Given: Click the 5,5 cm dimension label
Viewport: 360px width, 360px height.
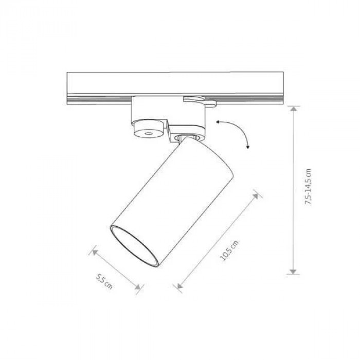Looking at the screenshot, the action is (104, 281).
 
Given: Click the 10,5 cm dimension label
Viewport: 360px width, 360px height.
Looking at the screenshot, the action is (229, 251).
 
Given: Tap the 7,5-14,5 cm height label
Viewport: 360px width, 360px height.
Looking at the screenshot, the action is (308, 187).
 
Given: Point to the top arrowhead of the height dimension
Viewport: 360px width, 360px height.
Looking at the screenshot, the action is (293, 109).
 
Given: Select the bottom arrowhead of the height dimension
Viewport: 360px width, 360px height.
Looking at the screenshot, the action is (293, 271).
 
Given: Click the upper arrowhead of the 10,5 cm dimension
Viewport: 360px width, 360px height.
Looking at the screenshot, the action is (255, 196).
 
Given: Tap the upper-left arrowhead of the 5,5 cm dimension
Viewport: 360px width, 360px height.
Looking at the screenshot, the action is (95, 252).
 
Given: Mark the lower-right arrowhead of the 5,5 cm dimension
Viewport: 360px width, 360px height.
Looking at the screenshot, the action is (137, 287).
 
